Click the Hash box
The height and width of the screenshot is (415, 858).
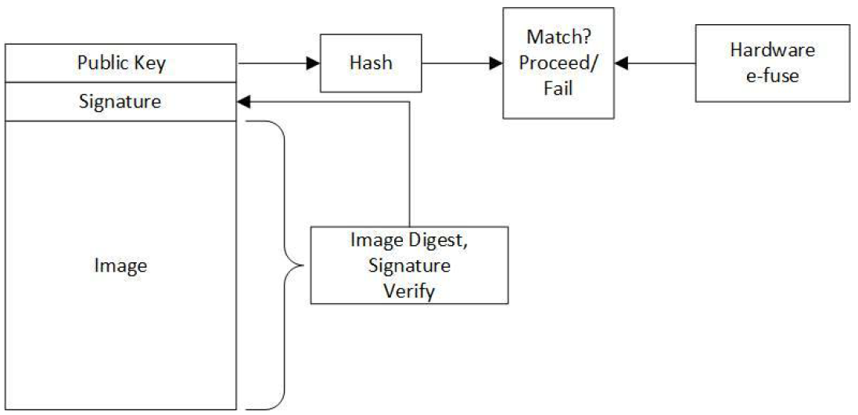pos(370,63)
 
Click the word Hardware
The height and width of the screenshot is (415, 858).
pos(772,50)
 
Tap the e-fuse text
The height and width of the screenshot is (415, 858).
pos(772,75)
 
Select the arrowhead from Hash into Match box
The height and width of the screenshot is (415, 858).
pos(497,63)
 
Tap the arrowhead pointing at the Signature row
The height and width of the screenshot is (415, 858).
pos(242,102)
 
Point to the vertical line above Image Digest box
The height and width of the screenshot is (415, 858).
pos(409,164)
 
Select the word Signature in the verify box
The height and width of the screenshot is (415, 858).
pos(408,265)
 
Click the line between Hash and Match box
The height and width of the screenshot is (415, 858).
pos(458,63)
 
